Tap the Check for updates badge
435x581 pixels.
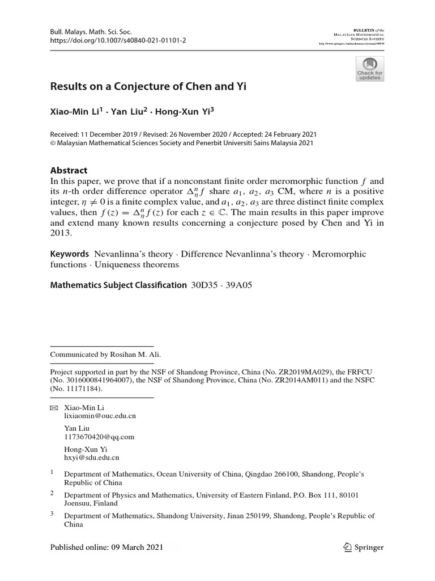click(x=369, y=68)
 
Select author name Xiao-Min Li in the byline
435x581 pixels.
click(x=75, y=112)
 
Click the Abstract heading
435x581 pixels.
click(x=69, y=170)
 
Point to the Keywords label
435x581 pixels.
click(x=70, y=254)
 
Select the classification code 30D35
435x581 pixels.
click(x=206, y=285)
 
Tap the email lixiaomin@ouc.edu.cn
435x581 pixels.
click(x=100, y=415)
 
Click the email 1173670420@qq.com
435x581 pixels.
click(x=99, y=436)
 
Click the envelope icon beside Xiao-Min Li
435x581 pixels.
click(x=54, y=407)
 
